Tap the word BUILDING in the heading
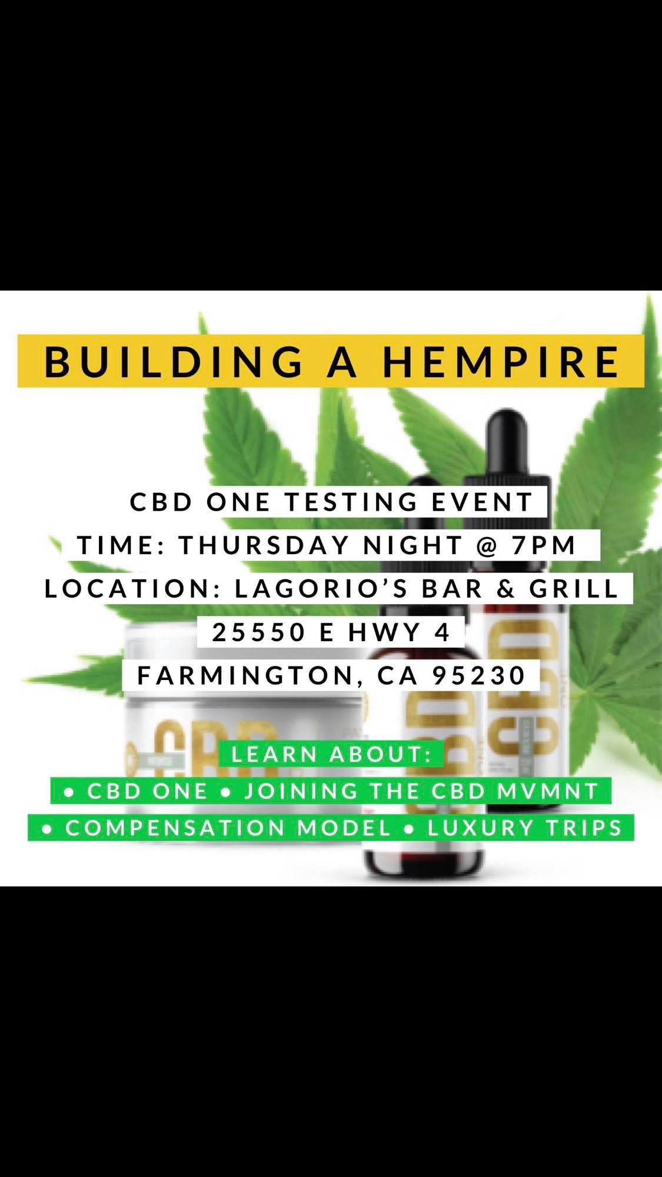pos(174,362)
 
